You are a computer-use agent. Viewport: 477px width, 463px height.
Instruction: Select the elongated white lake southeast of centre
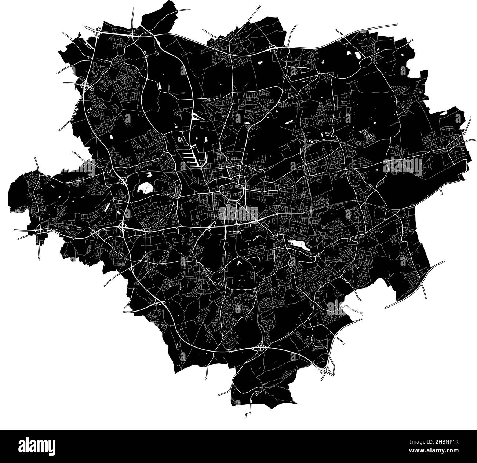click(x=299, y=245)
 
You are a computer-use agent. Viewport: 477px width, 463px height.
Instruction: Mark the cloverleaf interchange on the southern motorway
click(x=261, y=348)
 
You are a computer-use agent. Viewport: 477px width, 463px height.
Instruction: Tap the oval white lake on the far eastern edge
click(x=444, y=113)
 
